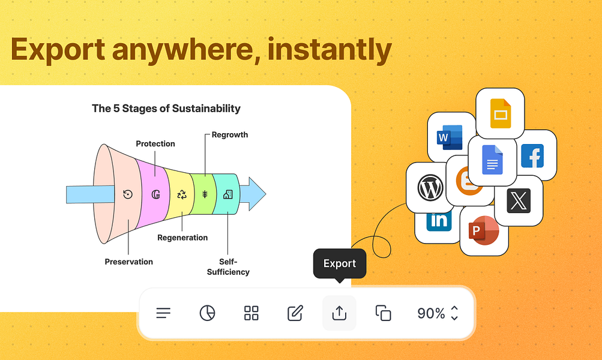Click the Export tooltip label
pyautogui.click(x=340, y=263)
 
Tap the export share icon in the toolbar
pyautogui.click(x=339, y=313)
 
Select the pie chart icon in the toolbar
pyautogui.click(x=207, y=313)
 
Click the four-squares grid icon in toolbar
pyautogui.click(x=251, y=313)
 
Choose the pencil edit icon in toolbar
pyautogui.click(x=295, y=313)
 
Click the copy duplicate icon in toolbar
pyautogui.click(x=383, y=313)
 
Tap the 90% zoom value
pyautogui.click(x=431, y=313)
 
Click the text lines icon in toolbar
pyautogui.click(x=163, y=313)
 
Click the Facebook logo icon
pyautogui.click(x=532, y=156)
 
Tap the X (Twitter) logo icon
pyautogui.click(x=519, y=200)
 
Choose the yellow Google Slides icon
pyautogui.click(x=500, y=112)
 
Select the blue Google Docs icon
pyautogui.click(x=492, y=160)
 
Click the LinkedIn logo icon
pyautogui.click(x=439, y=221)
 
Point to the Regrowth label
pyautogui.click(x=229, y=135)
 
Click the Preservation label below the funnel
pyautogui.click(x=128, y=262)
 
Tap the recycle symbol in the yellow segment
pyautogui.click(x=182, y=194)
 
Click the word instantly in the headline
pyautogui.click(x=330, y=50)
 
